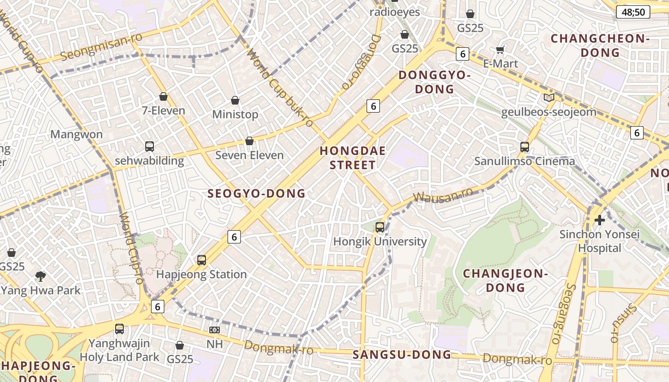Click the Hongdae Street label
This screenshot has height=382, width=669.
click(x=353, y=158)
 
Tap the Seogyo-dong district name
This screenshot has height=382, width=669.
click(x=256, y=193)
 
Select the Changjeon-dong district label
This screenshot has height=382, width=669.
click(x=506, y=281)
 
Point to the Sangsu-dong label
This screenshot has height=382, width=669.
click(x=402, y=355)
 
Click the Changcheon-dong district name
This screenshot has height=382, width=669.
click(x=600, y=45)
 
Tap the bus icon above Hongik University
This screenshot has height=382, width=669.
click(x=380, y=227)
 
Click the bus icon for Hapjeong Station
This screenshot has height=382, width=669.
click(x=202, y=260)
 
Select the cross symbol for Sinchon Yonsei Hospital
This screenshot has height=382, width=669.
click(x=599, y=220)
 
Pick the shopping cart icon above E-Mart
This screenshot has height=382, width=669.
click(x=500, y=50)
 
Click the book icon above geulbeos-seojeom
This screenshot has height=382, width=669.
click(x=549, y=98)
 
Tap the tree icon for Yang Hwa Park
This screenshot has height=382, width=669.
click(x=41, y=276)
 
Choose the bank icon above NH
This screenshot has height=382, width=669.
click(x=215, y=330)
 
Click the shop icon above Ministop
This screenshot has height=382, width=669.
click(x=235, y=100)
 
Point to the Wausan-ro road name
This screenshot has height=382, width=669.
click(x=443, y=195)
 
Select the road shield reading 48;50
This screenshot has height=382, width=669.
click(x=633, y=12)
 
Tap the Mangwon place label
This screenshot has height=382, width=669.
click(x=76, y=134)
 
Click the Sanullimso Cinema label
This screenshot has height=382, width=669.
click(x=524, y=161)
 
